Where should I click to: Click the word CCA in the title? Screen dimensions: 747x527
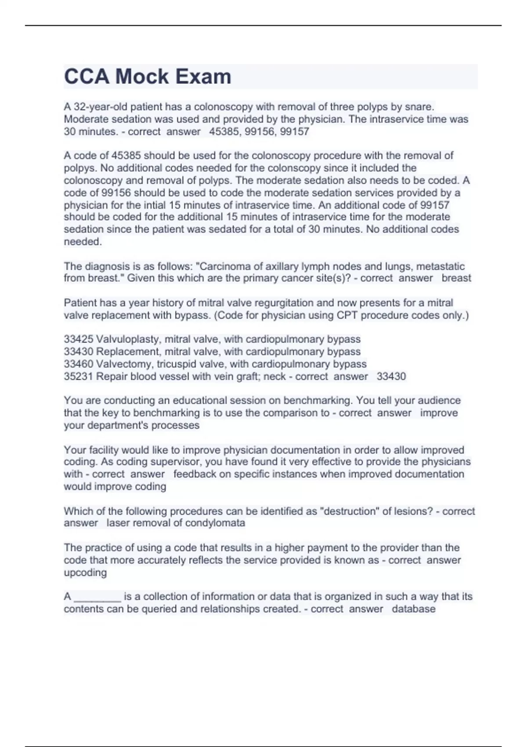point(87,76)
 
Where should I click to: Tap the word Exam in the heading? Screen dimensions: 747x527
point(203,76)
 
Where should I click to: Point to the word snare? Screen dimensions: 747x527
point(420,107)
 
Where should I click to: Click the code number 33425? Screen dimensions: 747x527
point(78,339)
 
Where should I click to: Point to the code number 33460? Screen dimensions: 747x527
point(78,364)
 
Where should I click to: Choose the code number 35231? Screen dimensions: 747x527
point(78,376)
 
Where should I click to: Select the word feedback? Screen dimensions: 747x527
point(195,474)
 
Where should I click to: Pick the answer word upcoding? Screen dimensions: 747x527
point(85,573)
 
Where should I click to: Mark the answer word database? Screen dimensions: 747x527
point(414,609)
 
